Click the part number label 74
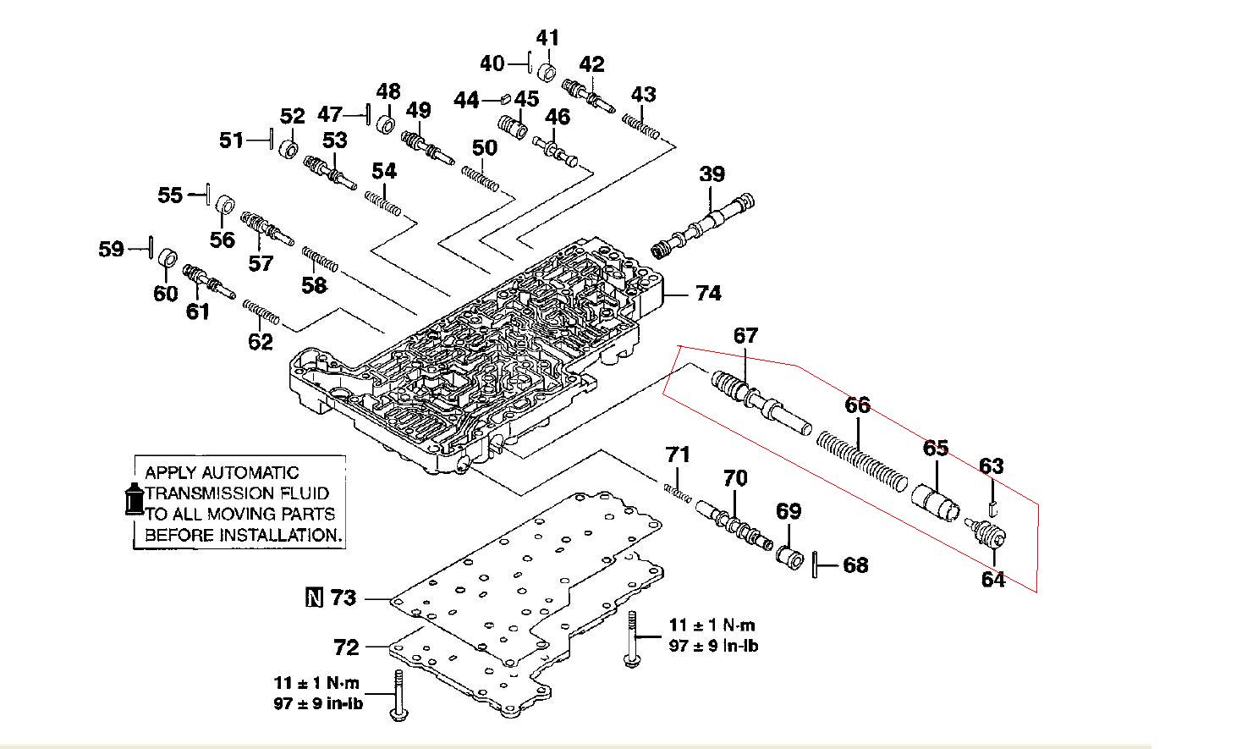point(709,293)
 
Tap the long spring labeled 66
point(862,462)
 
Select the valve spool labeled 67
point(761,402)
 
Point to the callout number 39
point(712,174)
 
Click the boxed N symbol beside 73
point(315,598)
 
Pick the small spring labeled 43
point(641,127)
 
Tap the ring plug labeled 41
point(547,73)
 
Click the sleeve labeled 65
point(936,503)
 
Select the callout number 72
point(346,647)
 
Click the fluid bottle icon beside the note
point(135,498)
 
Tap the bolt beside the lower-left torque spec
point(398,696)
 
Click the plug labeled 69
point(789,558)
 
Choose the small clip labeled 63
point(993,509)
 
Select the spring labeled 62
point(261,312)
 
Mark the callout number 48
point(388,91)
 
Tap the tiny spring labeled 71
point(678,493)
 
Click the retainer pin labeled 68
point(816,565)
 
